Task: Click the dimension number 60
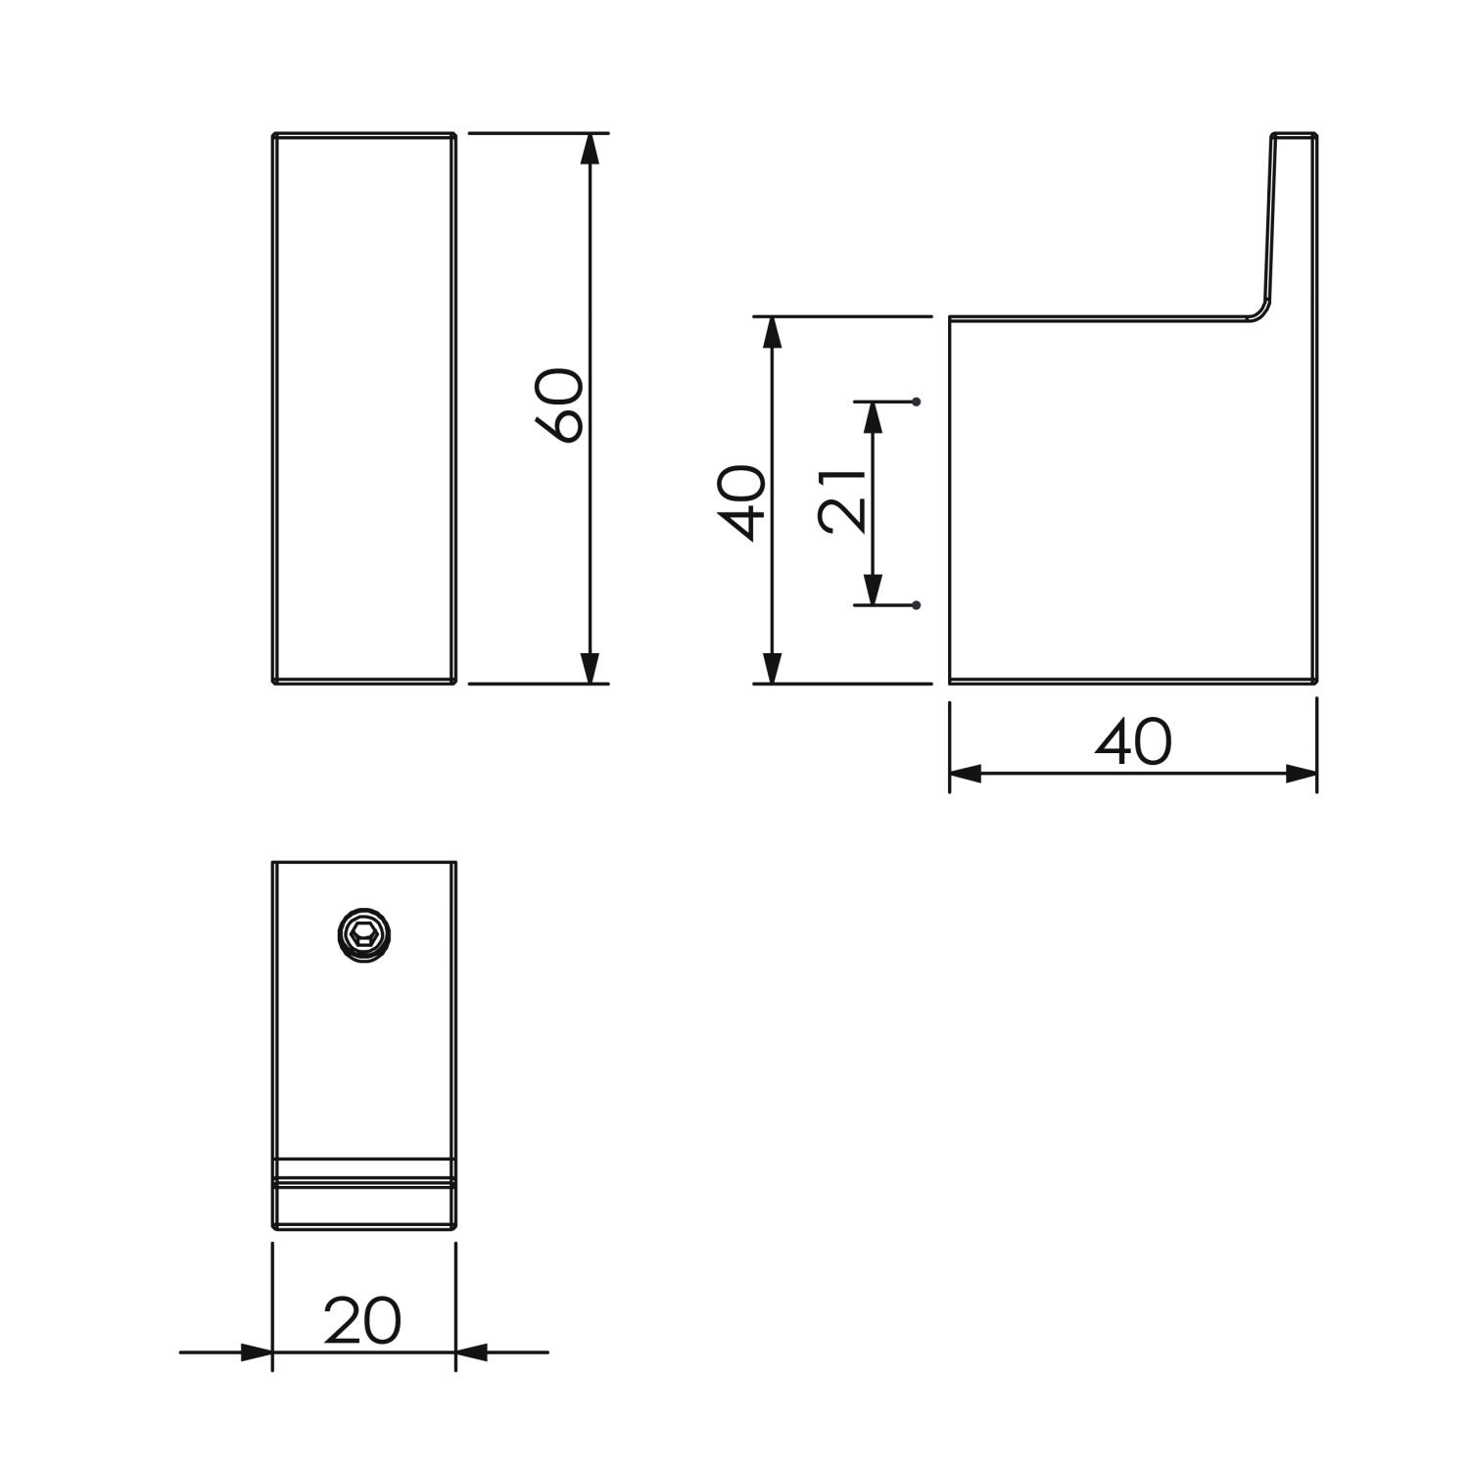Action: coord(560,405)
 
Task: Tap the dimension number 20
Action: coord(362,1321)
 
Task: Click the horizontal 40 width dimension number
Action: coord(1132,742)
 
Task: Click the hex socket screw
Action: coord(363,935)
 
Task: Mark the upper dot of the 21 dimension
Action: coord(917,402)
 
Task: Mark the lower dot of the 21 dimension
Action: coord(917,605)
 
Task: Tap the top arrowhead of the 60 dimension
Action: coord(590,149)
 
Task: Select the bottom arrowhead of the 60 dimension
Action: coord(590,667)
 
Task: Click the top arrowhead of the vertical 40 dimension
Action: coord(773,333)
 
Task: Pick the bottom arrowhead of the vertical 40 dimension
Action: coord(773,667)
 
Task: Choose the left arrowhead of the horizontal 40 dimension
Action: coord(966,774)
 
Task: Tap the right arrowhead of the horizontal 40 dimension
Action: coord(1301,774)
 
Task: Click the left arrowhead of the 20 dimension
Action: coord(257,1352)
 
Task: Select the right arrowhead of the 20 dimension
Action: coord(472,1352)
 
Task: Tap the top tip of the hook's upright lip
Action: coord(1295,135)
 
